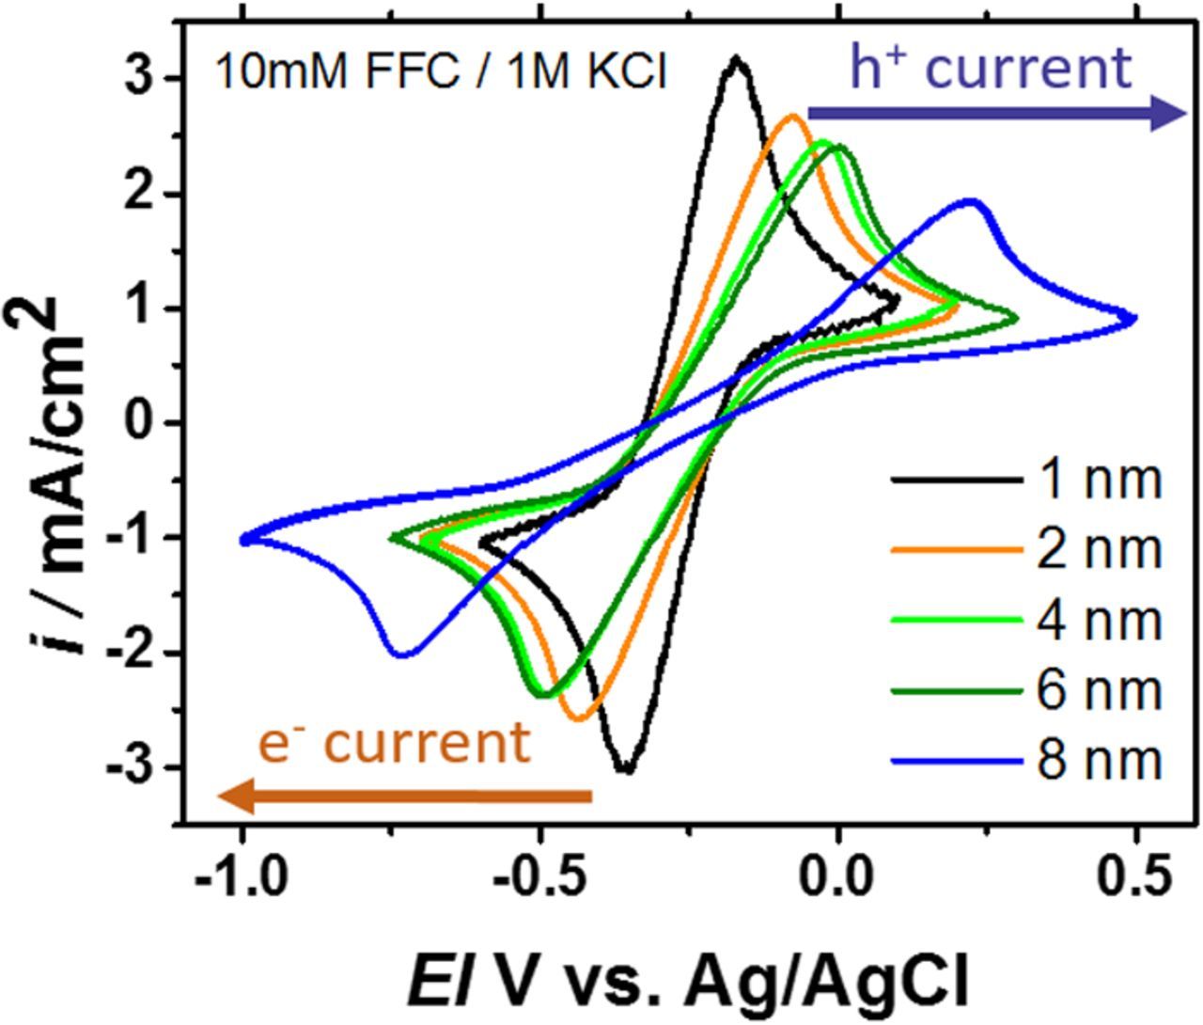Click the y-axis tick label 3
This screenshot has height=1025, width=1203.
click(x=140, y=79)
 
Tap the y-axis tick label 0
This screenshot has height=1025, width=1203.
click(x=140, y=423)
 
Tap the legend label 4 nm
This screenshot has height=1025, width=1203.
click(x=1099, y=620)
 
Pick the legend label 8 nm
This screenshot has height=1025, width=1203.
click(x=1099, y=759)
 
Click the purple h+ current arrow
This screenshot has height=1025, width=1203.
click(x=996, y=115)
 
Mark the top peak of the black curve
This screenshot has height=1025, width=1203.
click(x=737, y=59)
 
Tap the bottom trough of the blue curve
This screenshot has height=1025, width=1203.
click(x=402, y=654)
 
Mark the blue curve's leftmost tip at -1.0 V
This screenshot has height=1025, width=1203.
click(x=244, y=539)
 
